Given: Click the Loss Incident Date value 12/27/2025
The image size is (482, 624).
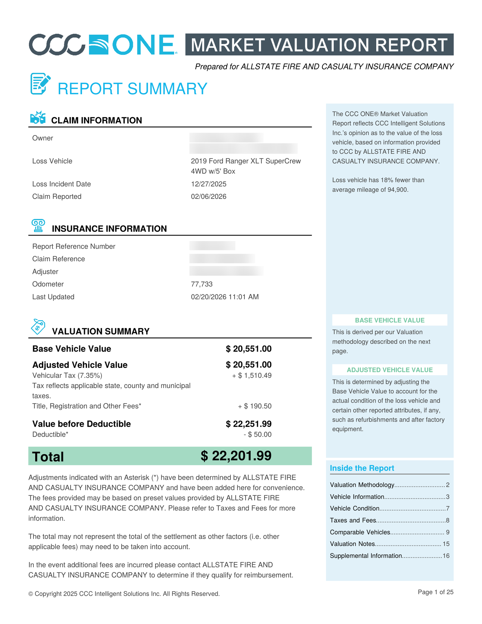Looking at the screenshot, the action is (208, 184).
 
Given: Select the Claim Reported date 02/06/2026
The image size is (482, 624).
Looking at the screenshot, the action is (208, 197).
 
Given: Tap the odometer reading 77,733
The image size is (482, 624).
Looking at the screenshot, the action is (202, 284).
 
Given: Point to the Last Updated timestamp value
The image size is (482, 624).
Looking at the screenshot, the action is (224, 297).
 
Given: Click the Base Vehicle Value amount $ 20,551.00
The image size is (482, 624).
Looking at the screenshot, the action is (249, 349).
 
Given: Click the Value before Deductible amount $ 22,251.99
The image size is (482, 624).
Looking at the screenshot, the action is (249, 424).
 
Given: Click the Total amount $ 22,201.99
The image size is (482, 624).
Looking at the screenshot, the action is (236, 456).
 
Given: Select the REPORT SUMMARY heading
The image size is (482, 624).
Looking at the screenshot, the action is (132, 89).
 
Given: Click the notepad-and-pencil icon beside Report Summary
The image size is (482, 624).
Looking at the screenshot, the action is (40, 83).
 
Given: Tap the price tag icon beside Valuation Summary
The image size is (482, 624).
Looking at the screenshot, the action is (38, 327).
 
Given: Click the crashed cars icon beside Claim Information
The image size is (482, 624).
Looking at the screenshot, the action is (38, 118).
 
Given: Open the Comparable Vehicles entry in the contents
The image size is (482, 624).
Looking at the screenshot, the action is (360, 532).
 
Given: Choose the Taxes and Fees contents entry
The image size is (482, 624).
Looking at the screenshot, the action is (353, 520).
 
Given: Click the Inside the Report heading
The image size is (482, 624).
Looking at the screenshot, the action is (362, 468).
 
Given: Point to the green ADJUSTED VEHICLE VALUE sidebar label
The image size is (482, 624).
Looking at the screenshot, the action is (390, 370).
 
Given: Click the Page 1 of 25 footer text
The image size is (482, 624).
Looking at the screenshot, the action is (435, 592).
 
